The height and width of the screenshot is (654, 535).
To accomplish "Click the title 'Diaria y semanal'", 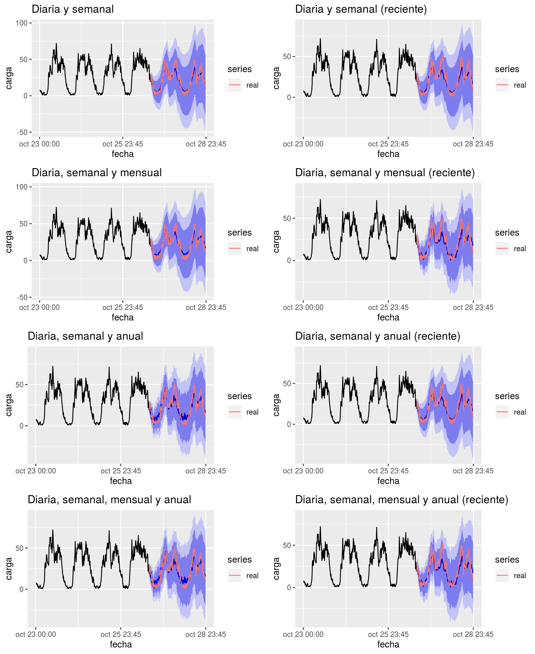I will pyautogui.click(x=72, y=9).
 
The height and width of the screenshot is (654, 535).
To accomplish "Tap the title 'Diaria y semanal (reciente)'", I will pyautogui.click(x=361, y=9).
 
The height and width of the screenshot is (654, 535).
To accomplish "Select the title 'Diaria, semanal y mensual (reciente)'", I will pyautogui.click(x=385, y=173).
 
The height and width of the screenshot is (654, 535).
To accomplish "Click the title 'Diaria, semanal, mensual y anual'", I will pyautogui.click(x=109, y=500).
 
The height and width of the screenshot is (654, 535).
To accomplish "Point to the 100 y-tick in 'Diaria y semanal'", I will pyautogui.click(x=22, y=23).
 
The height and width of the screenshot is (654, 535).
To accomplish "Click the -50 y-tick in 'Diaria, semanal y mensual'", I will pyautogui.click(x=22, y=298).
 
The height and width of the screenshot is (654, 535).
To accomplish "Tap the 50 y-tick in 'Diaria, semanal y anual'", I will pyautogui.click(x=20, y=385).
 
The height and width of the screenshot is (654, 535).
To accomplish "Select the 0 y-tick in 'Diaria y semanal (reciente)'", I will pyautogui.click(x=289, y=98).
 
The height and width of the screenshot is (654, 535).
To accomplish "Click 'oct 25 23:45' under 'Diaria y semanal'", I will pyautogui.click(x=123, y=144).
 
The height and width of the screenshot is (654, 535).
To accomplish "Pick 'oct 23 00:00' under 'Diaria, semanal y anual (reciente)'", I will pyautogui.click(x=303, y=471).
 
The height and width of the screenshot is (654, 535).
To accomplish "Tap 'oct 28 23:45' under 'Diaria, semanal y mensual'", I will pyautogui.click(x=206, y=307).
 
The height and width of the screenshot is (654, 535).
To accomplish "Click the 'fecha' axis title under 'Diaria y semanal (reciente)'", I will pyautogui.click(x=388, y=154).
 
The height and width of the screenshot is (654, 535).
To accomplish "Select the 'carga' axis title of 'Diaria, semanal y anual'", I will pyautogui.click(x=9, y=405).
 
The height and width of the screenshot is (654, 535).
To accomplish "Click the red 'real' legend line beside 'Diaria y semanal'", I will pyautogui.click(x=235, y=85).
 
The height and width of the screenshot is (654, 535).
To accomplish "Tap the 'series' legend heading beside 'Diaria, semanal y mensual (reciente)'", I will pyautogui.click(x=507, y=233).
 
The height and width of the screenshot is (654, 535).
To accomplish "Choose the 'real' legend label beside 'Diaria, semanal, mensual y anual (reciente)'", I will pyautogui.click(x=520, y=576).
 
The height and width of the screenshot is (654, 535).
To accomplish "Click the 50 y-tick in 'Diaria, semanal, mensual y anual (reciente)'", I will pyautogui.click(x=287, y=545).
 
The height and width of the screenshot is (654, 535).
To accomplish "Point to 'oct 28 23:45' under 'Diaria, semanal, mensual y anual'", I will pyautogui.click(x=206, y=634).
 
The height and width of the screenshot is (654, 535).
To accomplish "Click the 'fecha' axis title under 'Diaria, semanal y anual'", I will pyautogui.click(x=121, y=481).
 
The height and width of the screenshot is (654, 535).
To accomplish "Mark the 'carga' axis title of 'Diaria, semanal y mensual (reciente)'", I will pyautogui.click(x=276, y=242).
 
